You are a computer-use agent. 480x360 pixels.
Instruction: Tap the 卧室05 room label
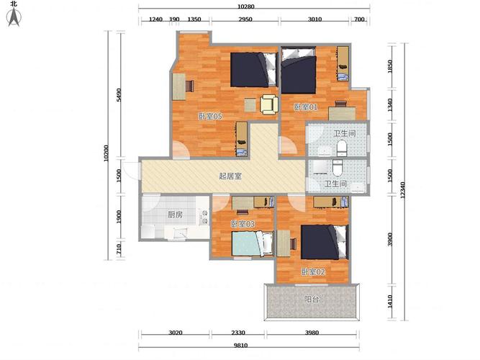click(x=210, y=117)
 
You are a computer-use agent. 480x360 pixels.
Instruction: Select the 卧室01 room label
click(x=306, y=107)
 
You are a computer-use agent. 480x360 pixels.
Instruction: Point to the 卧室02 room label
click(x=313, y=271)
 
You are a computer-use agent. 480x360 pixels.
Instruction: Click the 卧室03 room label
click(x=243, y=224)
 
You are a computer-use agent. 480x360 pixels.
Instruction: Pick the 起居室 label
click(x=230, y=176)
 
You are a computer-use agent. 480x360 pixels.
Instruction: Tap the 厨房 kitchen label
click(x=175, y=215)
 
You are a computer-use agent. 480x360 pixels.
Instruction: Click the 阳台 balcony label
click(x=312, y=299)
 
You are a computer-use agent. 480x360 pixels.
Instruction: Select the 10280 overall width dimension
click(x=246, y=6)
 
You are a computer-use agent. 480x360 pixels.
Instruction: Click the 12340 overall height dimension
click(x=402, y=190)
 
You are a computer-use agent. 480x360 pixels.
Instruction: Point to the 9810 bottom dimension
click(x=240, y=346)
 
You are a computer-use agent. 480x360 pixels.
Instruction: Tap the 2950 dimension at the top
click(x=245, y=19)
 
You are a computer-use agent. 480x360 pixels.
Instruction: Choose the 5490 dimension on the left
click(x=119, y=95)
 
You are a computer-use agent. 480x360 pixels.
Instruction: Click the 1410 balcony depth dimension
click(x=390, y=302)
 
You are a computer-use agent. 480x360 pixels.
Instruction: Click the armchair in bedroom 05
click(x=269, y=105)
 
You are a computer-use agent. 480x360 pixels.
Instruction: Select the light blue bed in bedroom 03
click(x=253, y=243)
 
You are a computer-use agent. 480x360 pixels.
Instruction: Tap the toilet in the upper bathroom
click(x=342, y=148)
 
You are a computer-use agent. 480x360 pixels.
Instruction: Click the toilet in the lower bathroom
click(x=337, y=168)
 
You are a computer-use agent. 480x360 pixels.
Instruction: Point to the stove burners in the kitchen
click(x=204, y=217)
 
